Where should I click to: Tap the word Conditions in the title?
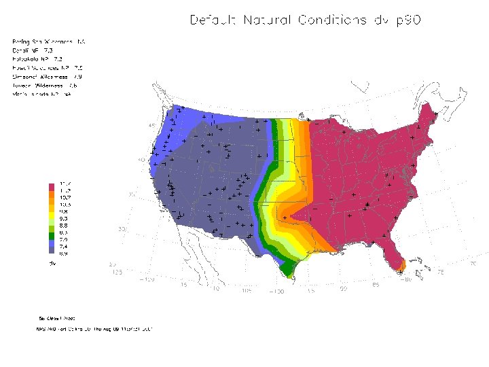click(x=329, y=20)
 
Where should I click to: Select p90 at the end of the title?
click(x=405, y=20)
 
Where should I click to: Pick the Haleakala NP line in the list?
click(x=33, y=59)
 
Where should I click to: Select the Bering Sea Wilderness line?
click(x=48, y=41)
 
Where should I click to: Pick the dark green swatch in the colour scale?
click(x=51, y=234)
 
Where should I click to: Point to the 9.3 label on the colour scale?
click(x=65, y=218)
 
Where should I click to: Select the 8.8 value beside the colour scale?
click(x=65, y=225)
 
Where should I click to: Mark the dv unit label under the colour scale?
click(x=51, y=261)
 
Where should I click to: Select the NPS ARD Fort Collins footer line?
click(x=94, y=329)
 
